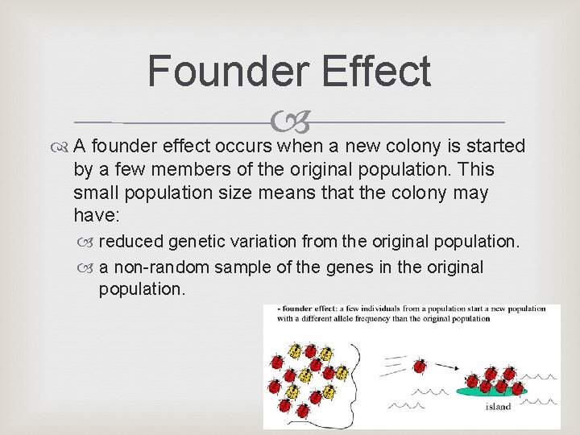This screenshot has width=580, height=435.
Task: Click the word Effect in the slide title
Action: coord(376,70)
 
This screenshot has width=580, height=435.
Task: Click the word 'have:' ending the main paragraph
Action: coord(95,217)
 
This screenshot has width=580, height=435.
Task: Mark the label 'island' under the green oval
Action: coord(498,407)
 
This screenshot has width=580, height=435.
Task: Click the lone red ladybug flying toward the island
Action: coord(420,367)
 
